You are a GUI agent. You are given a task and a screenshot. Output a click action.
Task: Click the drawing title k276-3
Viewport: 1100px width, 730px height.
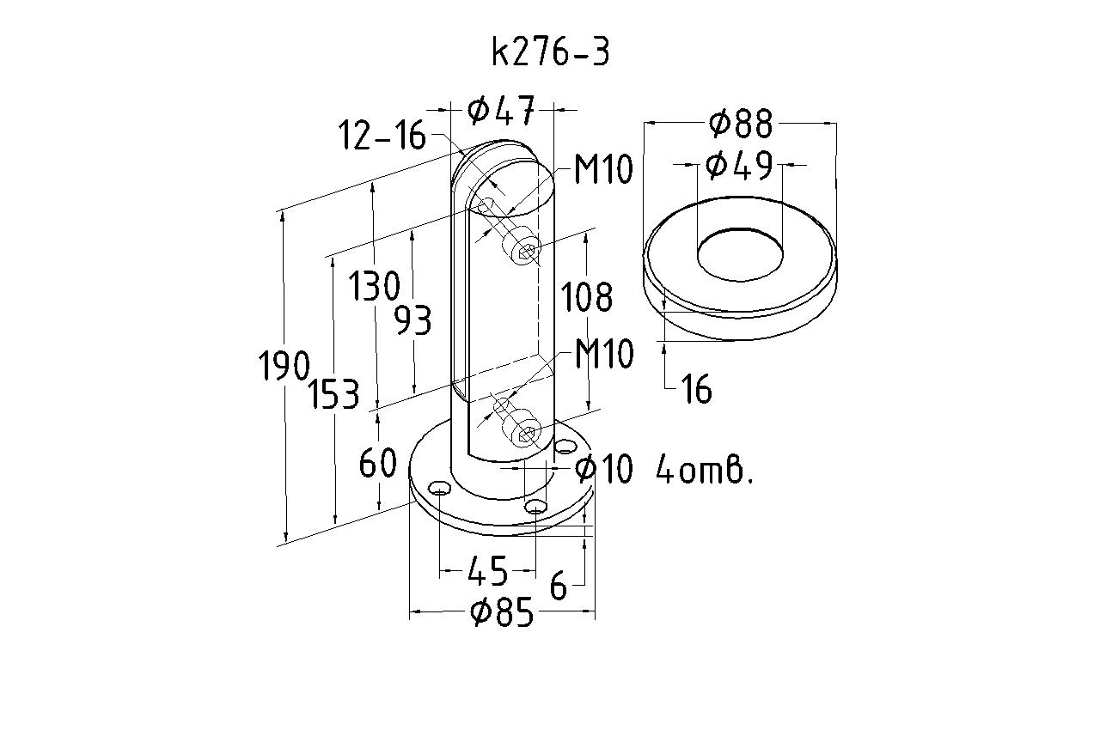[x=551, y=52]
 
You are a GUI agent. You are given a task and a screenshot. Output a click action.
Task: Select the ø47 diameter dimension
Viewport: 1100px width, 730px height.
[x=502, y=110]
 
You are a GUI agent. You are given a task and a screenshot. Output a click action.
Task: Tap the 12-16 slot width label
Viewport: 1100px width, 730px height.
[x=382, y=136]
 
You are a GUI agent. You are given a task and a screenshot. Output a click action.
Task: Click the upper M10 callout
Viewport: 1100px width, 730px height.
[x=603, y=170]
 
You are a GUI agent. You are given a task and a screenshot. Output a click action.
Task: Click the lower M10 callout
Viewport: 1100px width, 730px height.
[x=603, y=354]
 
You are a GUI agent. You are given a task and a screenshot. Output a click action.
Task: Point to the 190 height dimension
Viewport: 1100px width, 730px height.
[x=284, y=367]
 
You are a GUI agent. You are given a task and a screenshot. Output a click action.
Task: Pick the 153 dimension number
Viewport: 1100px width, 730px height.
[x=335, y=394]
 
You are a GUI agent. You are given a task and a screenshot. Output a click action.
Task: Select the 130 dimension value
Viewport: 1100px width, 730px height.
[x=374, y=286]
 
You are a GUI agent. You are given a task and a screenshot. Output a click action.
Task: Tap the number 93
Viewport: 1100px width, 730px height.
[x=412, y=320]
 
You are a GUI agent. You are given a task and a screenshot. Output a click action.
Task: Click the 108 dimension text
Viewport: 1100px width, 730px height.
[x=587, y=298]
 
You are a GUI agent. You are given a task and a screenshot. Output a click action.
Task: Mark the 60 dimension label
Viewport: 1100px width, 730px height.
[x=378, y=464]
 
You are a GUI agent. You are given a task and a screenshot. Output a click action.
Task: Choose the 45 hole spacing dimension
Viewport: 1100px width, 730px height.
[x=486, y=569]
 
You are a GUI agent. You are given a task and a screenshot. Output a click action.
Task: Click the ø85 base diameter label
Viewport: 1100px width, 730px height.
[x=503, y=613]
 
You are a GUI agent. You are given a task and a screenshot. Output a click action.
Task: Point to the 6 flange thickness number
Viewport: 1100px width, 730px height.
[x=559, y=588]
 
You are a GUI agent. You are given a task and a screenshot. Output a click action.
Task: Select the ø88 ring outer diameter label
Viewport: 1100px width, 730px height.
[x=741, y=125]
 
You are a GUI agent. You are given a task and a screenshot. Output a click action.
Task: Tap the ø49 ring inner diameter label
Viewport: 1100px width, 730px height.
[x=739, y=165]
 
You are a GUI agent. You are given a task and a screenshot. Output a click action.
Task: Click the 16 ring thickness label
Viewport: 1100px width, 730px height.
[x=696, y=391]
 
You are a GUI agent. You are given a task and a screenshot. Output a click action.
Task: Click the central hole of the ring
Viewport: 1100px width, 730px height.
[x=739, y=254]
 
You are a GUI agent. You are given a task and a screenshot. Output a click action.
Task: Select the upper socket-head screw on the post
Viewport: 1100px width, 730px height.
[x=524, y=248]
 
